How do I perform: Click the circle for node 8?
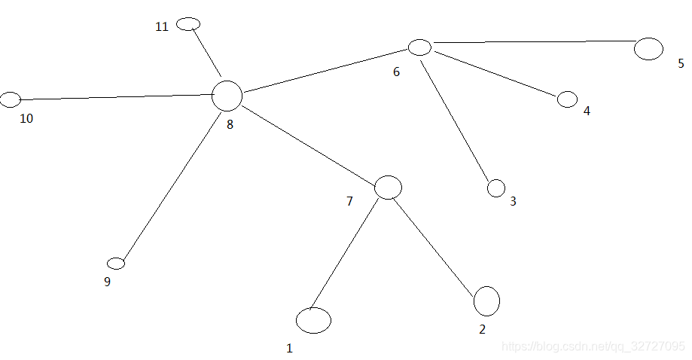click(x=227, y=96)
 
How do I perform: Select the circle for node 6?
click(x=419, y=47)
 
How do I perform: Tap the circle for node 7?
click(x=388, y=187)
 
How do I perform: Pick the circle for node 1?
click(x=313, y=320)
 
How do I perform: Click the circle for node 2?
click(x=486, y=301)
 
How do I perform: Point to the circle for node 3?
click(x=496, y=188)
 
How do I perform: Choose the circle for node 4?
click(x=567, y=99)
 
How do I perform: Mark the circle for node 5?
click(x=648, y=49)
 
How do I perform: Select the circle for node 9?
click(x=116, y=263)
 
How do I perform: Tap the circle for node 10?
click(x=10, y=99)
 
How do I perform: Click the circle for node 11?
click(x=188, y=24)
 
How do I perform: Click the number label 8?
click(x=230, y=125)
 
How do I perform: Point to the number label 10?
click(x=26, y=119)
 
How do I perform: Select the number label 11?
click(x=162, y=27)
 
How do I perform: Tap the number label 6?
click(x=397, y=72)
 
